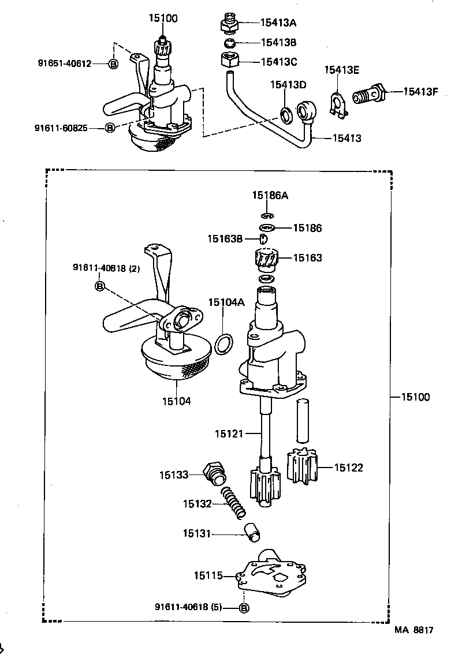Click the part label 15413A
[278, 23]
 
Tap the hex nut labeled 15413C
[230, 60]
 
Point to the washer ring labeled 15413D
[286, 114]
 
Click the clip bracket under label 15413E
[337, 106]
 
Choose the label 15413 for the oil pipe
[346, 139]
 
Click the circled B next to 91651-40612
[113, 63]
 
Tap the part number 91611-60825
[61, 128]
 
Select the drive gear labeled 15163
[266, 259]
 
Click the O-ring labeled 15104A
[224, 344]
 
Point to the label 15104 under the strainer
[176, 401]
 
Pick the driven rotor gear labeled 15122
[302, 468]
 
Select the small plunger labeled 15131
[252, 532]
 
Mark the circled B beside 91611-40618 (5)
[243, 607]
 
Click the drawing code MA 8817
[413, 631]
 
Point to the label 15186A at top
[270, 196]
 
